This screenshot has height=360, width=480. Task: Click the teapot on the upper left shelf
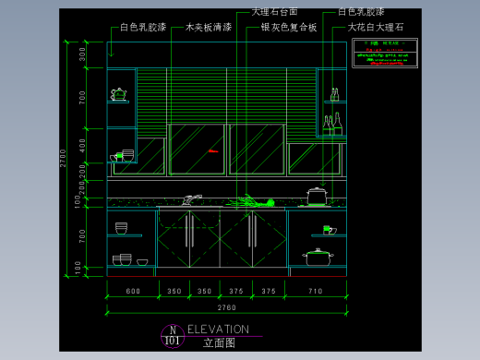[x=118, y=93]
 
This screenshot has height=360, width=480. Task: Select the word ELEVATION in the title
[x=218, y=329]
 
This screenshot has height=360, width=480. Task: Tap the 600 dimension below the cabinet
[x=132, y=292]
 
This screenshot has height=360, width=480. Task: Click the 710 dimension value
[x=316, y=292]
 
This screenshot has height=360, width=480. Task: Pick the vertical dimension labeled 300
[x=82, y=55]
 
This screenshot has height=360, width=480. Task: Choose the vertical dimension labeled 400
[x=82, y=145]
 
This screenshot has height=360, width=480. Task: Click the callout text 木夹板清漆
[x=208, y=28]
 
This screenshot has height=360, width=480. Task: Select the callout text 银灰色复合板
[x=288, y=28]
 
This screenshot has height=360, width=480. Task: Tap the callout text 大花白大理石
[x=376, y=28]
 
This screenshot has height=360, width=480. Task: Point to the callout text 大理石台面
[x=274, y=12]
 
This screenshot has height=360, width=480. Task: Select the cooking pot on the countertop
[x=317, y=195]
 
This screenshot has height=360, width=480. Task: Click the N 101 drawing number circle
[x=172, y=335]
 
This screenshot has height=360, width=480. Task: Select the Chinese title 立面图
[x=219, y=342]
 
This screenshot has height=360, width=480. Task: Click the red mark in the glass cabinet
[x=213, y=150]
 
